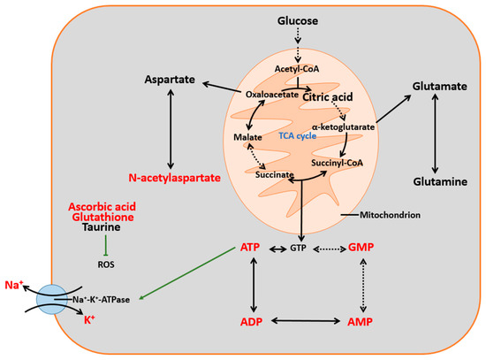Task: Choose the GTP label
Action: [300, 249]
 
